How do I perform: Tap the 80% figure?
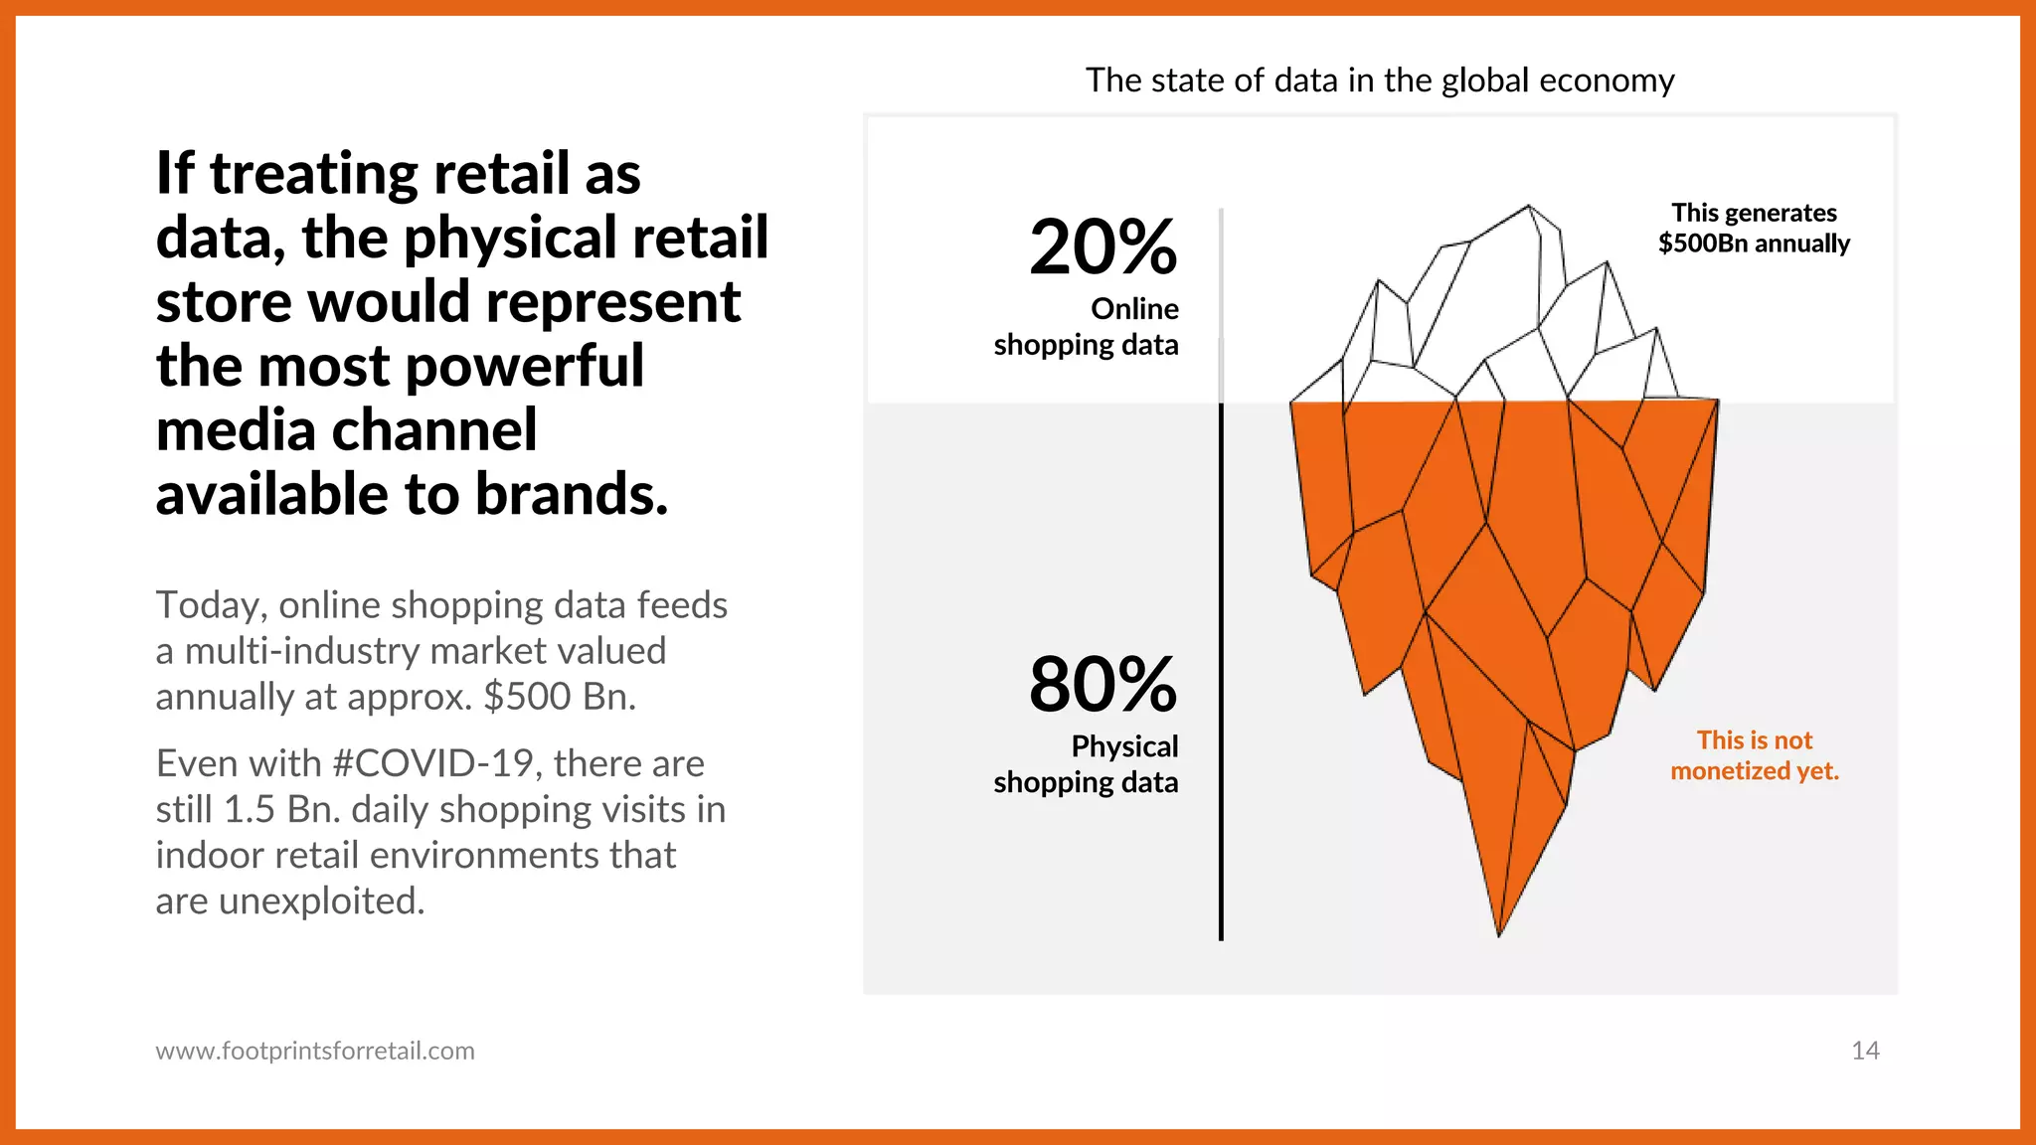coord(1103,685)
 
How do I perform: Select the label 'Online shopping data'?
coord(1086,327)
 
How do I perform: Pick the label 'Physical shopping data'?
coord(1086,764)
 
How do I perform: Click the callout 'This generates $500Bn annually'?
coord(1754,228)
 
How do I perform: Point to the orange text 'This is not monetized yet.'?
coord(1755,755)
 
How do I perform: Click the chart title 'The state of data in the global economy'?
coord(1380,81)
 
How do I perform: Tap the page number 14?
coord(1865,1051)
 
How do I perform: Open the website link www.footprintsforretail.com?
coord(315,1051)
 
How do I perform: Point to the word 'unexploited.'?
coord(321,901)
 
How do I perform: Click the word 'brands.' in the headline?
coord(571,494)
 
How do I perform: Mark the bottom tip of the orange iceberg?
coord(1499,933)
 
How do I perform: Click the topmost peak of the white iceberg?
coord(1529,208)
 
